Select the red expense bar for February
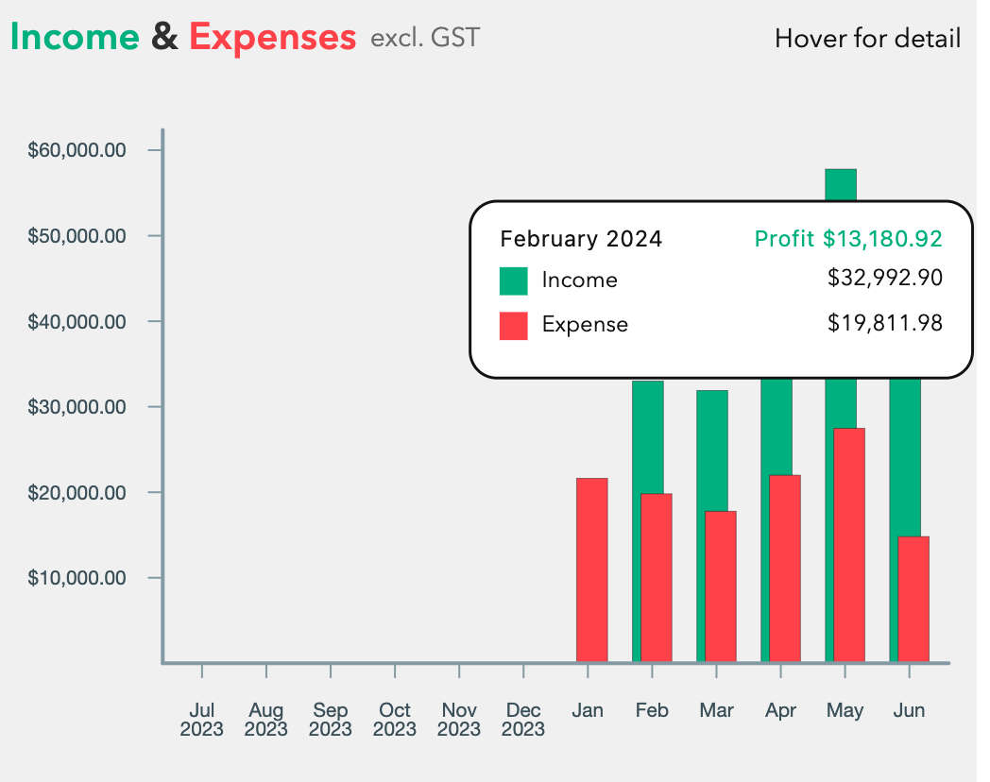pyautogui.click(x=656, y=577)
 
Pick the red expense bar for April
pyautogui.click(x=784, y=568)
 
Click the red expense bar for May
pyautogui.click(x=848, y=545)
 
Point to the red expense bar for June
pyautogui.click(x=913, y=599)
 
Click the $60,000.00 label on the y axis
pyautogui.click(x=77, y=150)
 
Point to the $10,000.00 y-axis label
pyautogui.click(x=77, y=578)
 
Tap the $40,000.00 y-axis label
pyautogui.click(x=77, y=322)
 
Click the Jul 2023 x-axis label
pyautogui.click(x=202, y=720)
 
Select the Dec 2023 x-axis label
pyautogui.click(x=523, y=720)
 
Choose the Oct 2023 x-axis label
pyautogui.click(x=395, y=720)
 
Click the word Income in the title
pyautogui.click(x=75, y=37)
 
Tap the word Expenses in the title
pyautogui.click(x=272, y=37)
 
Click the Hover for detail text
pyautogui.click(x=867, y=39)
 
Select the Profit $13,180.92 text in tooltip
pyautogui.click(x=848, y=239)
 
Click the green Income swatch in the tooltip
pyautogui.click(x=514, y=280)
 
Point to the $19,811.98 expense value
pyautogui.click(x=885, y=324)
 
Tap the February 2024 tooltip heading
pyautogui.click(x=581, y=239)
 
